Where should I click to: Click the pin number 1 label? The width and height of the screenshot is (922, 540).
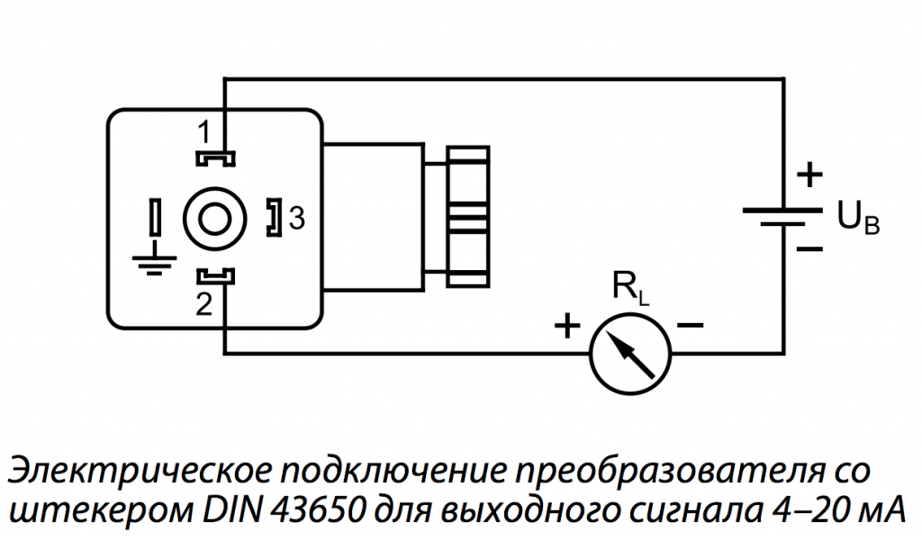coord(203,132)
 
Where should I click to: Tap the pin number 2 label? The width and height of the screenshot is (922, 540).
coord(203,304)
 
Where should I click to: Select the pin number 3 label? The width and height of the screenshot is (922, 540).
coord(297,219)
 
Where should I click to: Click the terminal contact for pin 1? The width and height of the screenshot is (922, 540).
coord(215,158)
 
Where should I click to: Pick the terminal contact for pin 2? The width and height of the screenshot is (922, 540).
coord(215,275)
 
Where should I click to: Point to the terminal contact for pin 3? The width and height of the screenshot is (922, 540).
coord(275,218)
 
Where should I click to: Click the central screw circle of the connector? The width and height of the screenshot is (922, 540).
coord(214,220)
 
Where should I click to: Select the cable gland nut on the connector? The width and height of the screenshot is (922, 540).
coord(468,216)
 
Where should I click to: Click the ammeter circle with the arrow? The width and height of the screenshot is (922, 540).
coord(629,353)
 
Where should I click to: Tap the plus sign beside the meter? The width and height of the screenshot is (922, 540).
coord(567,326)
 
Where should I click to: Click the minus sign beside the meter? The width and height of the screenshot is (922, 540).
coord(691,324)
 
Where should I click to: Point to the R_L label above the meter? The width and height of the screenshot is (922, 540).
coord(631,288)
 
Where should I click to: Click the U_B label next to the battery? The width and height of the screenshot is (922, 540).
coord(858,217)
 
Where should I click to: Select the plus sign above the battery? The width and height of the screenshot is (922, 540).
coord(809,175)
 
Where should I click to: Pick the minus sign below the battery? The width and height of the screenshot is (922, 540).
coord(809,249)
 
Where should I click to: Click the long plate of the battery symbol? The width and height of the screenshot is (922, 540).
coord(782,210)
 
